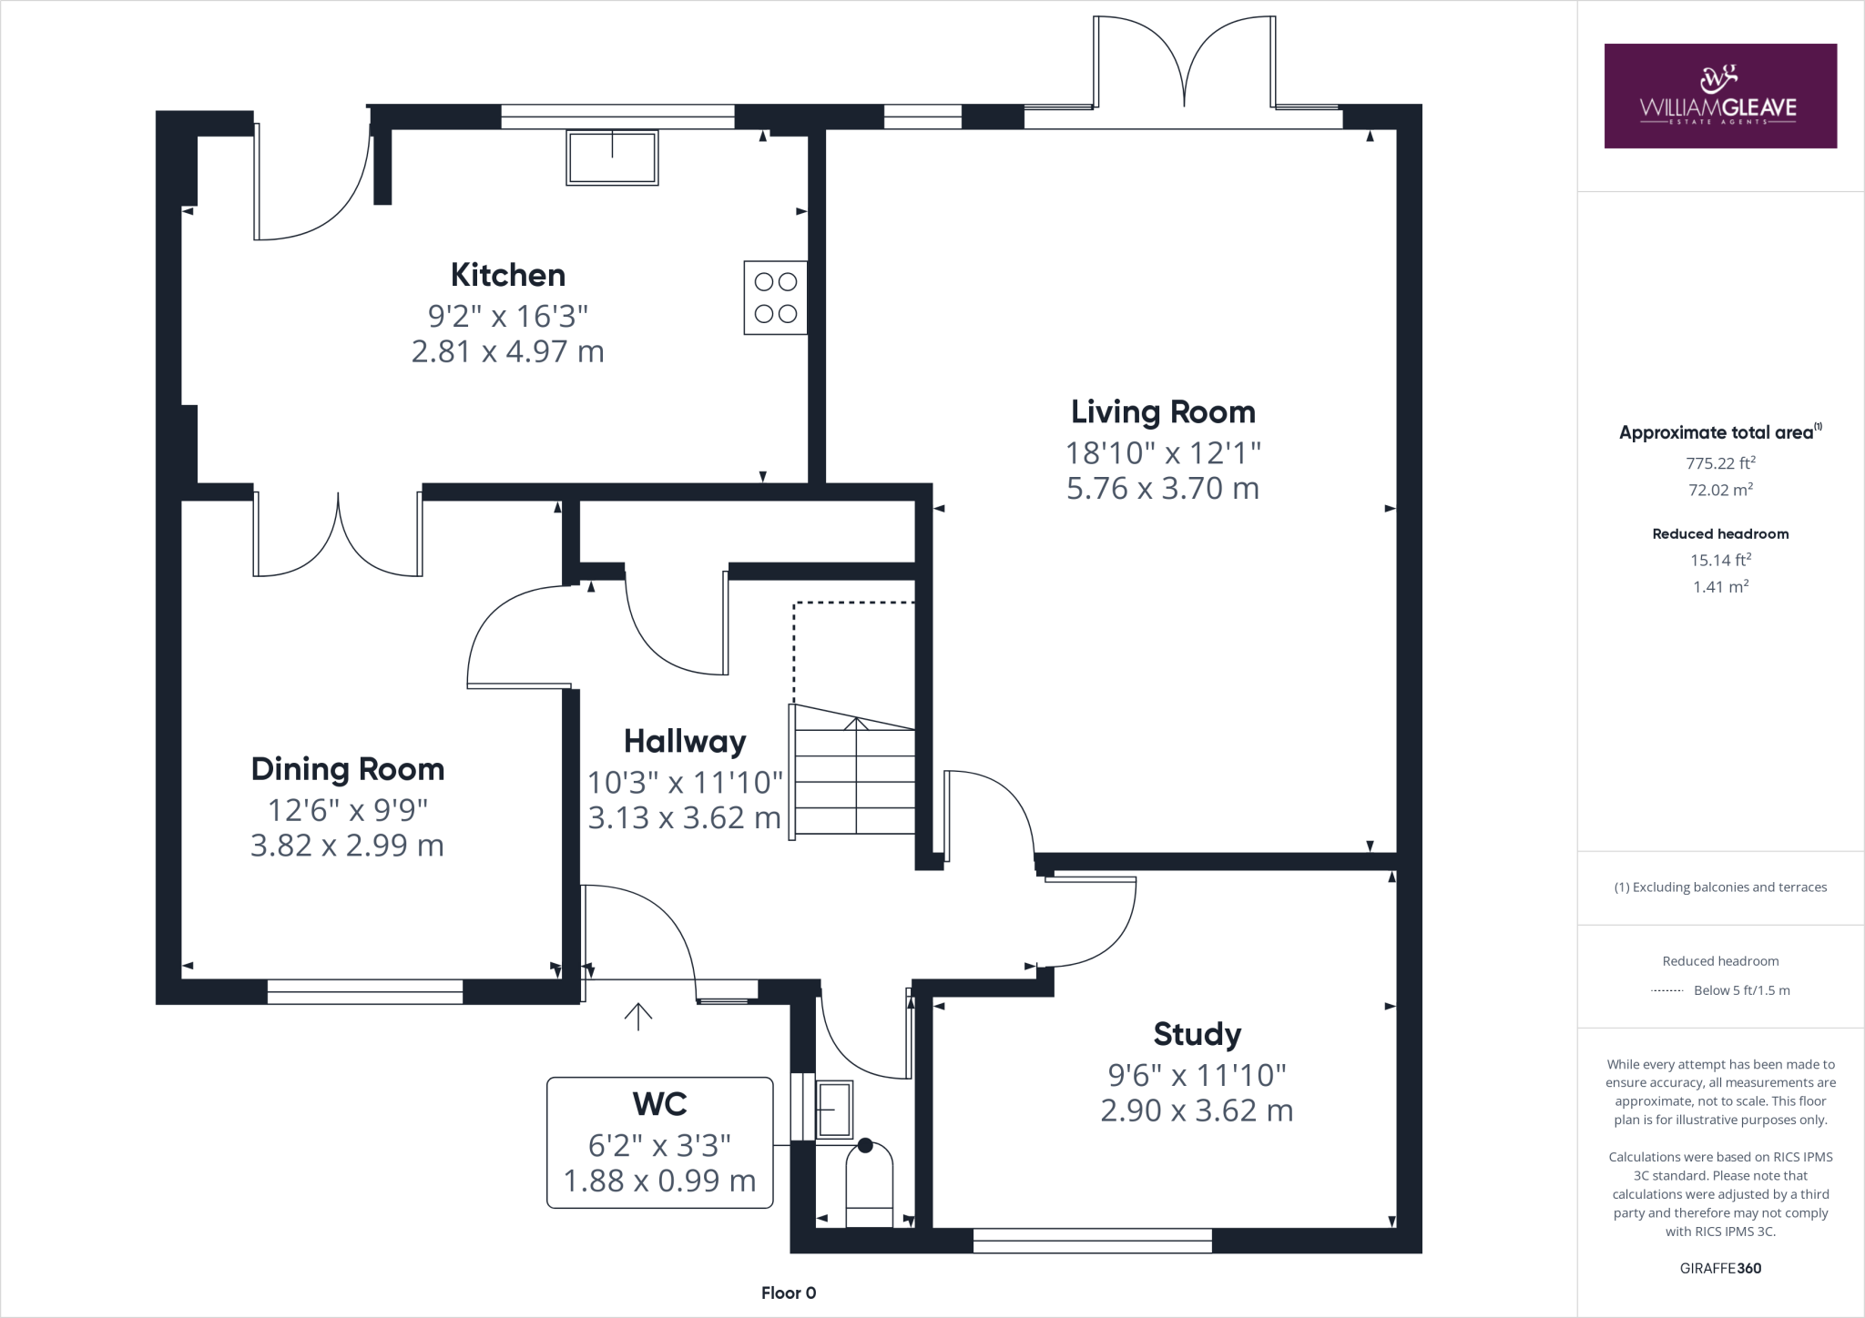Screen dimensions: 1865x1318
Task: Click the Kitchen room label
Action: tap(508, 275)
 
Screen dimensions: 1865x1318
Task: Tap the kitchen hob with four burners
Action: tap(776, 298)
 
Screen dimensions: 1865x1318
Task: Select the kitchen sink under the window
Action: tap(612, 157)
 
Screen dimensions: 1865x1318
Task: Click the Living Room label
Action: tap(1163, 412)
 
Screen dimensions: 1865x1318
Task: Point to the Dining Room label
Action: tap(348, 770)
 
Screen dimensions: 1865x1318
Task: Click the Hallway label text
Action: tap(685, 742)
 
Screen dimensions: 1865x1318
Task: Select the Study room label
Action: tap(1197, 1035)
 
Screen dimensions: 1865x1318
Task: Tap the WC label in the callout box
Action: tap(660, 1104)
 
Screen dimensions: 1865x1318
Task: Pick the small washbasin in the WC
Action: tap(834, 1110)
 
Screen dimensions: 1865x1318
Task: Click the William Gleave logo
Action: tap(1720, 96)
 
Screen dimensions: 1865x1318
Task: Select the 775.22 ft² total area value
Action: tap(1720, 462)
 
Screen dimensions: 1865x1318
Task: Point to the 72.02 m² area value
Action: tap(1720, 490)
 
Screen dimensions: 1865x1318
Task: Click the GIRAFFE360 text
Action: tap(1720, 1268)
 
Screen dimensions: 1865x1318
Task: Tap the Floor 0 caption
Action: tap(789, 1293)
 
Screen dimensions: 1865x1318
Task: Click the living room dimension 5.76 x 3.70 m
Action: tap(1163, 489)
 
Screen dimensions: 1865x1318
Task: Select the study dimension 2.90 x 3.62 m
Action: tap(1197, 1110)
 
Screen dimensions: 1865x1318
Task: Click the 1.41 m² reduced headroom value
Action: tap(1720, 587)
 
